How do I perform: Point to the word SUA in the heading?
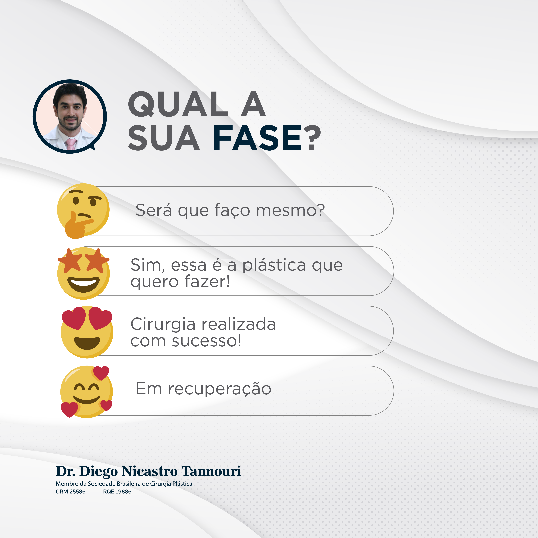[164, 138]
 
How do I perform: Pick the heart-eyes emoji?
[87, 332]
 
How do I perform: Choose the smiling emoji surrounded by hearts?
[87, 392]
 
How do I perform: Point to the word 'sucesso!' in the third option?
[206, 341]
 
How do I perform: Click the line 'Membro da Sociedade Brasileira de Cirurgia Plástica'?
[124, 484]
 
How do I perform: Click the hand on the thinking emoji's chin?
[77, 226]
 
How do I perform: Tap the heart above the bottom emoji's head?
[101, 373]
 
